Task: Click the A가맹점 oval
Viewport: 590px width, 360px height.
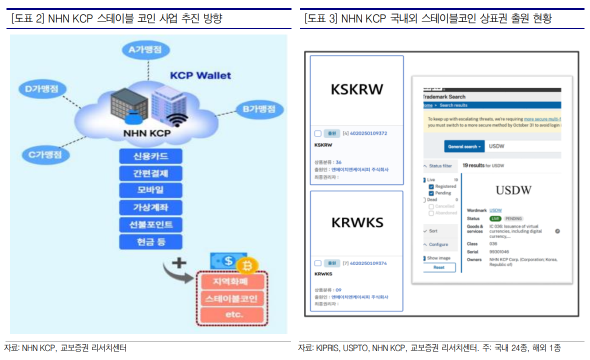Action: [x=145, y=49]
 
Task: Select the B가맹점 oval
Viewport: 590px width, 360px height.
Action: [x=259, y=109]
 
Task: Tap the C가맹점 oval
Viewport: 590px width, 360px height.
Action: [x=45, y=155]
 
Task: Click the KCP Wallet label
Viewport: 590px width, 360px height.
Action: [x=200, y=75]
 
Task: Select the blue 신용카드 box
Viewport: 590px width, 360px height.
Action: [x=150, y=156]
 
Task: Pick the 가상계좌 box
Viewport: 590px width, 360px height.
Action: [x=150, y=207]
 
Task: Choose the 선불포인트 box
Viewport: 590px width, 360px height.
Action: [x=150, y=224]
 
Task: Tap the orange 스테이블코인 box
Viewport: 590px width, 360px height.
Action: [x=231, y=299]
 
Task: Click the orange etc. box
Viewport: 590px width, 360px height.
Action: [x=231, y=314]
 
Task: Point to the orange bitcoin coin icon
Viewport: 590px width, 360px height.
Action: [x=246, y=265]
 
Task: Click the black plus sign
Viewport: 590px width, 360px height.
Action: [x=179, y=263]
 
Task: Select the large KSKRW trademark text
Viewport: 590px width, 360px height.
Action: [x=356, y=89]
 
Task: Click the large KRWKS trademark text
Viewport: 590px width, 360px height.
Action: [x=356, y=222]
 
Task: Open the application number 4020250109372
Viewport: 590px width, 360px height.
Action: [x=368, y=133]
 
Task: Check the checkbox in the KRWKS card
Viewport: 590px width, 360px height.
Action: [x=317, y=263]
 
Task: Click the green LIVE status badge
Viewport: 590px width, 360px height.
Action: [x=495, y=218]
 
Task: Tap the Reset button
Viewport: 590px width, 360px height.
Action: [x=438, y=267]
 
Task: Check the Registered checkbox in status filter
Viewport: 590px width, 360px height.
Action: [x=431, y=186]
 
